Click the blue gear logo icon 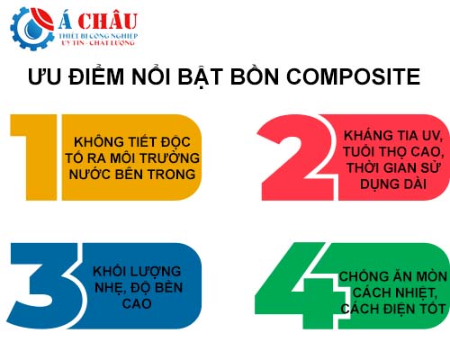[x=32, y=29]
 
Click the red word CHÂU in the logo [x=108, y=22]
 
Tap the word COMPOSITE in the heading [x=354, y=76]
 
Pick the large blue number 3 [x=45, y=285]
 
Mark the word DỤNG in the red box [x=376, y=184]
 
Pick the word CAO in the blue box [x=137, y=304]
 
